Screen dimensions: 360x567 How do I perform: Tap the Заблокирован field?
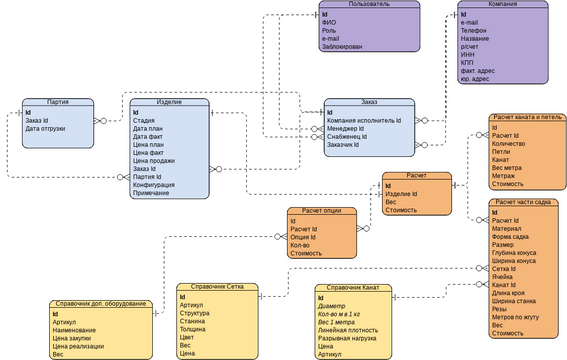pos(343,46)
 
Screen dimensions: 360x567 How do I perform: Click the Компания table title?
pos(502,5)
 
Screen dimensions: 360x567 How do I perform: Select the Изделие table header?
pos(169,102)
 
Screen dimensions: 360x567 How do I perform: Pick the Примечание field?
pos(151,192)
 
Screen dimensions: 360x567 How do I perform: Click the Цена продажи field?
pos(153,160)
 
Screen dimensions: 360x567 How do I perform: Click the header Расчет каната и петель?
pos(527,118)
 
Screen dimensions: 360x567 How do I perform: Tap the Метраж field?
pos(505,176)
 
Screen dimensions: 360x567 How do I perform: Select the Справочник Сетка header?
pos(217,288)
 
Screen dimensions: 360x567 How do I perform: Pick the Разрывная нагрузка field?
pos(349,338)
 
